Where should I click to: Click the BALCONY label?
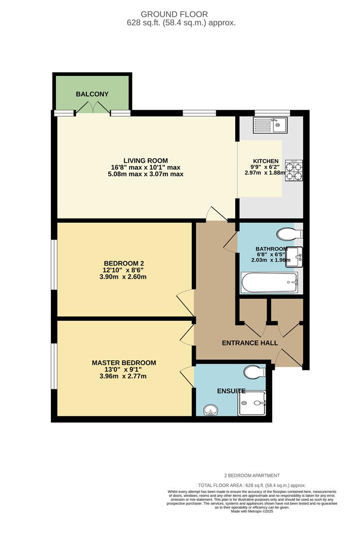click(92, 94)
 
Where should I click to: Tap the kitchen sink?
click(269, 124)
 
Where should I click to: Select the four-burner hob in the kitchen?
click(294, 170)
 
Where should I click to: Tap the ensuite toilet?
click(255, 372)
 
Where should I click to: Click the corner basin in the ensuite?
click(212, 410)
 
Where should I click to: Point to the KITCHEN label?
click(265, 161)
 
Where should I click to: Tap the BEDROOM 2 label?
click(124, 264)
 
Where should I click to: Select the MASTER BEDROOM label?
click(124, 363)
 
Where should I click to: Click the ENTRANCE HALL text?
click(250, 343)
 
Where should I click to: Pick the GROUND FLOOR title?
click(181, 14)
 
